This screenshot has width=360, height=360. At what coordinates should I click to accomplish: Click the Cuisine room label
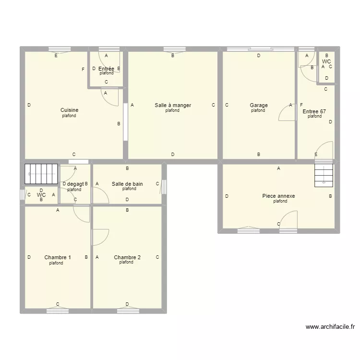pyautogui.click(x=69, y=110)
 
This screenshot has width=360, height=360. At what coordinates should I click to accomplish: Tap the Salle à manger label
pyautogui.click(x=172, y=105)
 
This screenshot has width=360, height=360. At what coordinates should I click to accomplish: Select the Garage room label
pyautogui.click(x=258, y=105)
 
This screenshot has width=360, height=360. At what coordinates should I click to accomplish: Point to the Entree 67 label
pyautogui.click(x=314, y=111)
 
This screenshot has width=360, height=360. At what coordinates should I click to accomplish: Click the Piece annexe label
pyautogui.click(x=278, y=196)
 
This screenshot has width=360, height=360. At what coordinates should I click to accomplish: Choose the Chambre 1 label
pyautogui.click(x=58, y=258)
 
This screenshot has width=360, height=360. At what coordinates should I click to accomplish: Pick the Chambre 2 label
pyautogui.click(x=127, y=258)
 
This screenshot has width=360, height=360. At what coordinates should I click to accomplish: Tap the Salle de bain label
pyautogui.click(x=127, y=184)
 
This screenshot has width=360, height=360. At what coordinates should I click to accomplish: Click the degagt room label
pyautogui.click(x=75, y=184)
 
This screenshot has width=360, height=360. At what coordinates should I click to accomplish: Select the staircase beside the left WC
pyautogui.click(x=41, y=173)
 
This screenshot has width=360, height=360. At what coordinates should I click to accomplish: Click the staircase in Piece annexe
pyautogui.click(x=324, y=174)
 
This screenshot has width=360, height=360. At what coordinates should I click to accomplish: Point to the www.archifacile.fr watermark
pyautogui.click(x=330, y=327)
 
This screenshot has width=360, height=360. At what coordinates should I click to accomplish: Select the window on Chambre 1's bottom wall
pyautogui.click(x=58, y=311)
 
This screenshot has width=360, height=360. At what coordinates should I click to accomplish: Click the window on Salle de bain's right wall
pyautogui.click(x=164, y=187)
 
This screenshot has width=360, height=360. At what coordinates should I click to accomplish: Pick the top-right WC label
pyautogui.click(x=326, y=62)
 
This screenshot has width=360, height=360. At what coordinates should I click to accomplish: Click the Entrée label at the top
pyautogui.click(x=106, y=69)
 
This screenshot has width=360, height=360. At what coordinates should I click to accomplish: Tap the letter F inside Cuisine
pyautogui.click(x=83, y=70)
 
